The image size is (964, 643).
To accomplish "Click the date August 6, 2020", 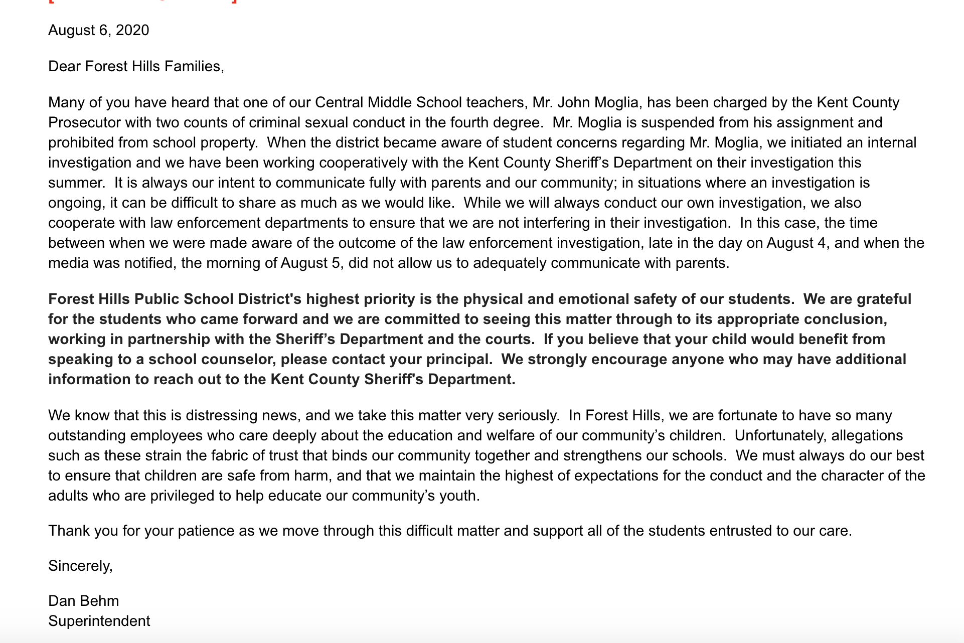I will tap(98, 31).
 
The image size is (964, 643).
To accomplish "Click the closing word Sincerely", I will tap(80, 566).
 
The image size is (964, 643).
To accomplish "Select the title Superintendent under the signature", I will tap(99, 621).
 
